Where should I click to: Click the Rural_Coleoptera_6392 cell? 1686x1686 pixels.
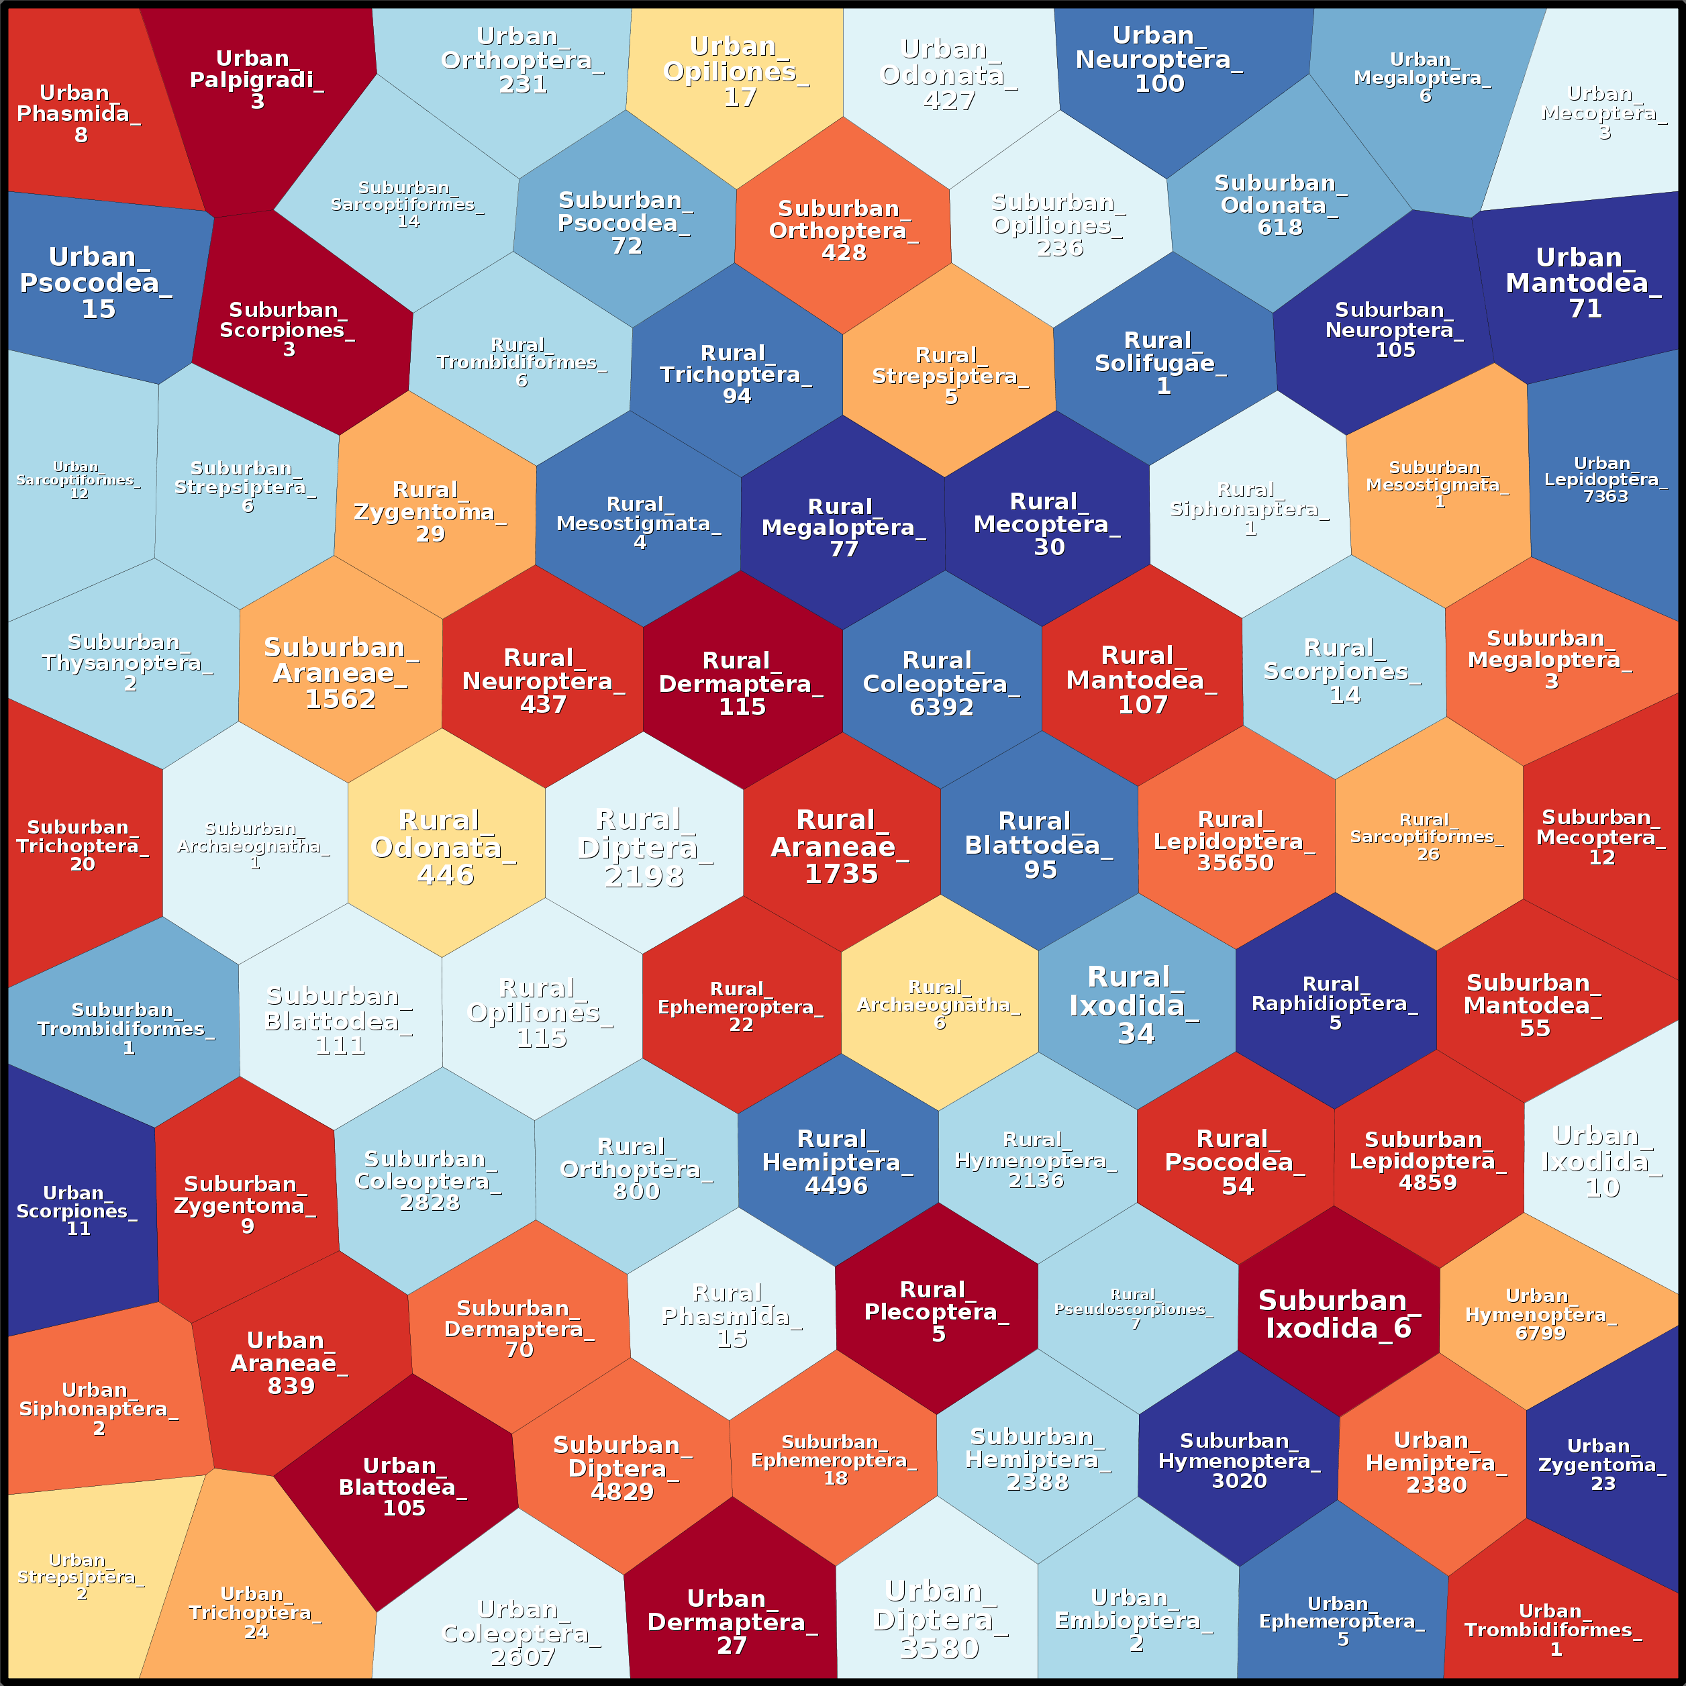tap(942, 683)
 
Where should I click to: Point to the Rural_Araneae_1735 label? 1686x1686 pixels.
tap(840, 846)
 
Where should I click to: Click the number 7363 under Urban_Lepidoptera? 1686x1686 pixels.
tap(1605, 497)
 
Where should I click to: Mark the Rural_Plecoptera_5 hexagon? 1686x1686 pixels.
tap(937, 1311)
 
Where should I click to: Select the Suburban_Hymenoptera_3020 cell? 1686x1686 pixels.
tap(1238, 1461)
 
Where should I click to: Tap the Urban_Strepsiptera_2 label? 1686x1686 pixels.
tap(81, 1576)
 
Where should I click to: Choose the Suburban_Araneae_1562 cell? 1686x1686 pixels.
tap(340, 673)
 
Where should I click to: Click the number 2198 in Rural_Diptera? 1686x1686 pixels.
tap(644, 875)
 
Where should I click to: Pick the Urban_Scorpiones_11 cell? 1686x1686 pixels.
tap(79, 1210)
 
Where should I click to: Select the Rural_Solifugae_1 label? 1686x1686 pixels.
tap(1160, 363)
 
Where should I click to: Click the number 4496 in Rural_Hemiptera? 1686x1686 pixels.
tap(836, 1186)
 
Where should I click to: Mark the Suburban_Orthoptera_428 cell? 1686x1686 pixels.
tap(843, 230)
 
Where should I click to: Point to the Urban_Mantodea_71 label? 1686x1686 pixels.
tap(1583, 283)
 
